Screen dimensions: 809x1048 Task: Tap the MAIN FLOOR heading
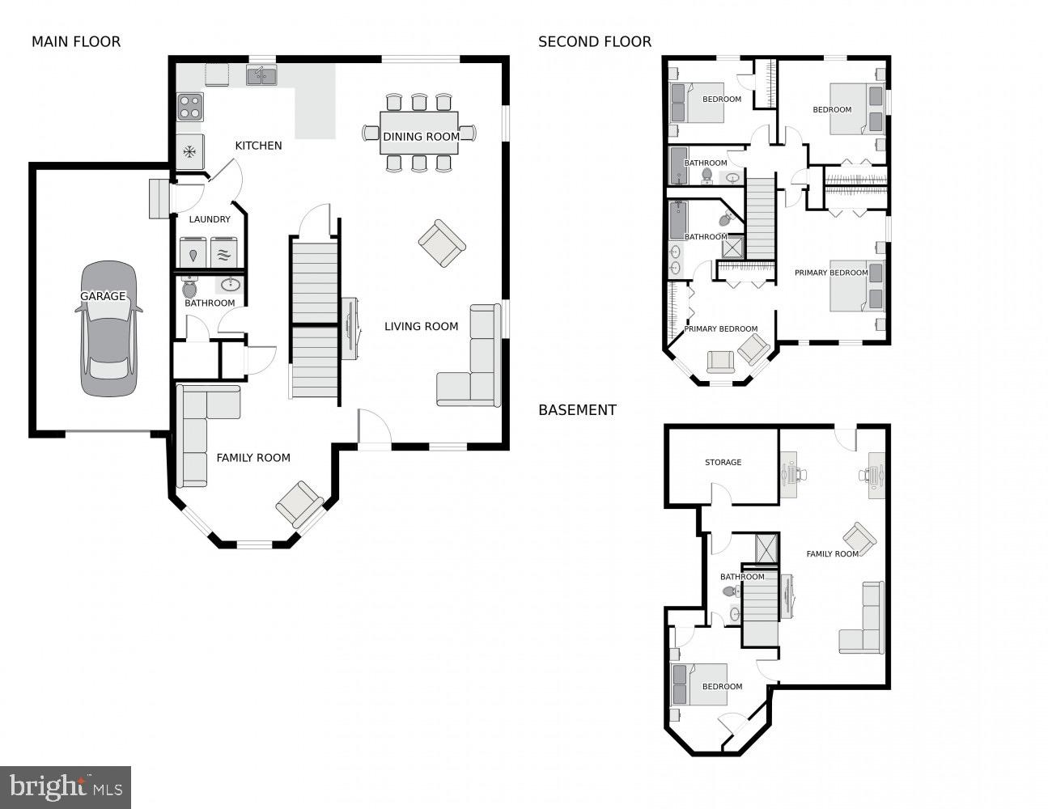[76, 42]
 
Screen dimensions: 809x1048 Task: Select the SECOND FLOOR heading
[595, 42]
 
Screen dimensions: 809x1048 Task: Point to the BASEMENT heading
[577, 410]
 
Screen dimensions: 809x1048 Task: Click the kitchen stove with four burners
[190, 107]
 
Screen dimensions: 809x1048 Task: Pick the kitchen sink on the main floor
[261, 76]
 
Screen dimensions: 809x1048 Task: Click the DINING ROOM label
[421, 137]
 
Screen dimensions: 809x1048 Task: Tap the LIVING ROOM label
[421, 327]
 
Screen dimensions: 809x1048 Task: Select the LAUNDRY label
[210, 219]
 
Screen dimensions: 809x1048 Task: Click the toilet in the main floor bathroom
[190, 287]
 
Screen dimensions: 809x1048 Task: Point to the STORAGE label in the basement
[723, 463]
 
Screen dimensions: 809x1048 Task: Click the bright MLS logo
[66, 786]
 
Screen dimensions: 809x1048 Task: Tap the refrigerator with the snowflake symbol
[190, 151]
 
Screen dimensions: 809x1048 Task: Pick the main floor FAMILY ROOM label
[253, 458]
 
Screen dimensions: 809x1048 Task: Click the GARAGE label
[103, 296]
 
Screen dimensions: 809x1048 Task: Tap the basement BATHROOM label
[742, 577]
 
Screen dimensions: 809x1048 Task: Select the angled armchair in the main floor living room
[442, 243]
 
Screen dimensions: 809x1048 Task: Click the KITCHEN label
[258, 146]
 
